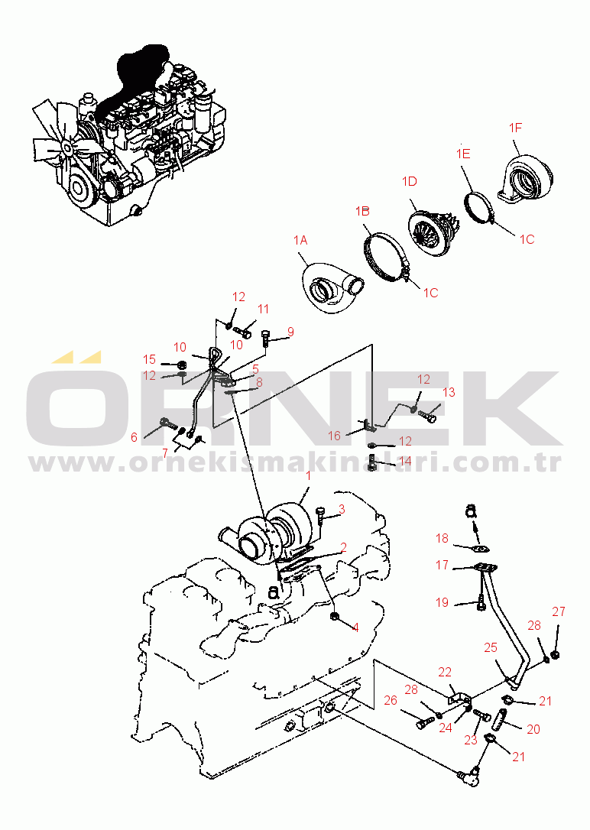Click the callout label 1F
coord(515,128)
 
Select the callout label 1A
coord(300,240)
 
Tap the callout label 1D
coord(410,182)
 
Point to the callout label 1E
coord(463,154)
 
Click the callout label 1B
coord(362,210)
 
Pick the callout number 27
coord(559,611)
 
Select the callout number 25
coord(490,647)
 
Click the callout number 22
coord(445,672)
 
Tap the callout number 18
coord(443,539)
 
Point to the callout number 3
coord(342,508)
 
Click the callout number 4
coord(355,627)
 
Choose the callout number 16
coord(335,436)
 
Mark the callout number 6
coord(135,437)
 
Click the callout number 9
coord(290,332)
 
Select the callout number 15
coord(150,359)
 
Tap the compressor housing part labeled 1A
coord(325,290)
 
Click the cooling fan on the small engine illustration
coord(58,142)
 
